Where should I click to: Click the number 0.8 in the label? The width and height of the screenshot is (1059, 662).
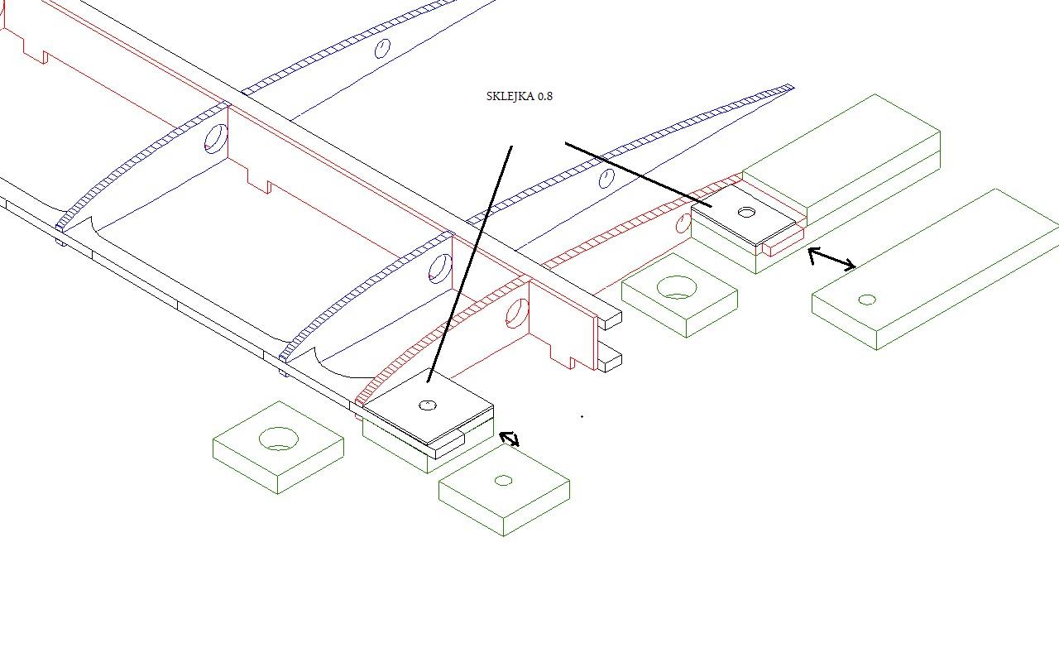pyautogui.click(x=545, y=96)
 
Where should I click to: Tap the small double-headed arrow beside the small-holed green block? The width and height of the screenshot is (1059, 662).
pyautogui.click(x=509, y=439)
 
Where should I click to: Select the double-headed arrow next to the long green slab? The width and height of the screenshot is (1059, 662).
pyautogui.click(x=831, y=259)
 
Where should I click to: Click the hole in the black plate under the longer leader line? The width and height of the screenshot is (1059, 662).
pyautogui.click(x=428, y=405)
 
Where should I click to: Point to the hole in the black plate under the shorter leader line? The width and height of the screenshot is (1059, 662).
pyautogui.click(x=746, y=213)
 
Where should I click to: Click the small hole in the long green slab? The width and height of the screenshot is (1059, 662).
pyautogui.click(x=867, y=300)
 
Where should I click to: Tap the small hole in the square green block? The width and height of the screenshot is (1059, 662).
pyautogui.click(x=504, y=481)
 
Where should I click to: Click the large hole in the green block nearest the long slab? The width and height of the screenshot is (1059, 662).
pyautogui.click(x=677, y=287)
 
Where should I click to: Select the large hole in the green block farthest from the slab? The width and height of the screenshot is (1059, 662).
pyautogui.click(x=279, y=439)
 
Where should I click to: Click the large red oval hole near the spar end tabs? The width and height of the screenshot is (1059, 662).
pyautogui.click(x=517, y=313)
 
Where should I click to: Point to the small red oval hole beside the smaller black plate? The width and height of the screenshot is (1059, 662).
pyautogui.click(x=683, y=223)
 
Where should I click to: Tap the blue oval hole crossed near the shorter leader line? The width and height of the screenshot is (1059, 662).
pyautogui.click(x=606, y=180)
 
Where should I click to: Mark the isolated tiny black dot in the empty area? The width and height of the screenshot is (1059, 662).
pyautogui.click(x=582, y=416)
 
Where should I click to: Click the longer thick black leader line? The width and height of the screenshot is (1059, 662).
pyautogui.click(x=469, y=264)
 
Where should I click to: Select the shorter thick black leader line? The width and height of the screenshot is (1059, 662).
pyautogui.click(x=638, y=175)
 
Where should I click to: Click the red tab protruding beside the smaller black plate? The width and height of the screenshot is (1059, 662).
pyautogui.click(x=783, y=242)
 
